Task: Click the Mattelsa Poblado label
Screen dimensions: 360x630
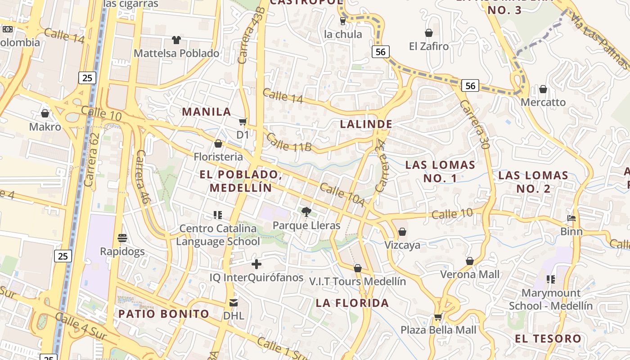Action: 176,53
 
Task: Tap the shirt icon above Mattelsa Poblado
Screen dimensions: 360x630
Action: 176,40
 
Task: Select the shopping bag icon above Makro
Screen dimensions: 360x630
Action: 45,113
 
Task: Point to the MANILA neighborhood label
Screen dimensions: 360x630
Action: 206,112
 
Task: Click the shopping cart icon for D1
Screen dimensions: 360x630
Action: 243,121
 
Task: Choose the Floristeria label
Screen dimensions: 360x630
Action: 218,157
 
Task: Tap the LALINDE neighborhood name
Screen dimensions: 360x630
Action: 366,124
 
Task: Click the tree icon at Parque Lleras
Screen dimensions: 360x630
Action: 306,211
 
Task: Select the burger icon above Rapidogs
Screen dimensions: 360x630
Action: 122,238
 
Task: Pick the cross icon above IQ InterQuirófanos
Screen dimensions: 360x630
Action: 256,264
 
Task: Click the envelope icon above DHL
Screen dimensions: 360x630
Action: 234,302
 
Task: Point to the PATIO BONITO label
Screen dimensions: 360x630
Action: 164,314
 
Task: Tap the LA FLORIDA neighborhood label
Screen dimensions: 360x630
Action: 352,303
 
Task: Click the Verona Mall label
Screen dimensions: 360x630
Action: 470,274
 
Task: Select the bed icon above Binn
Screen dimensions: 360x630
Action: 571,219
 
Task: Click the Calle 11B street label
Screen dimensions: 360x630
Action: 288,142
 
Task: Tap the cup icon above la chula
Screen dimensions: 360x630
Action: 343,21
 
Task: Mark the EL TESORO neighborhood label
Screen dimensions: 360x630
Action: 548,338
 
